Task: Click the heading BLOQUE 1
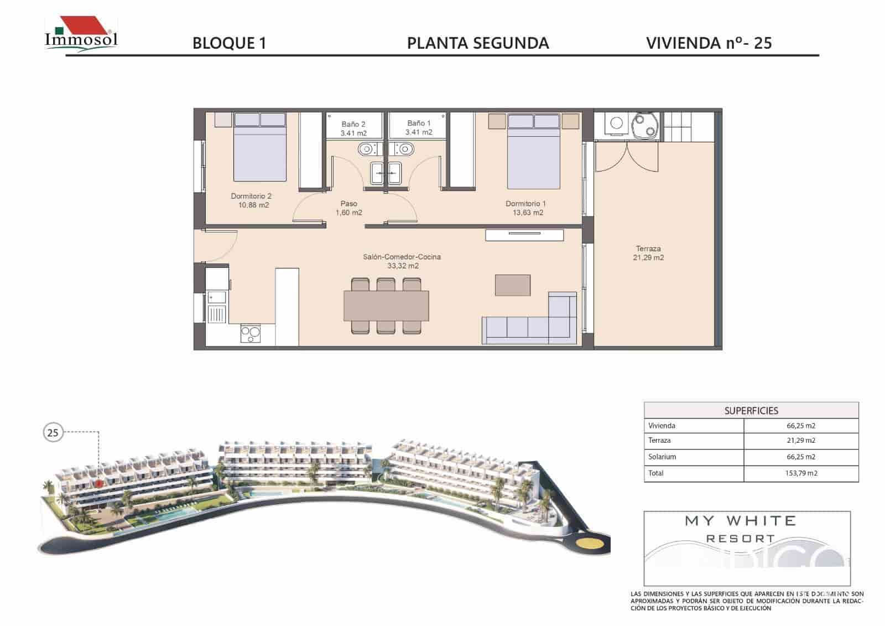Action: [229, 44]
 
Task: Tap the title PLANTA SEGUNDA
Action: [478, 44]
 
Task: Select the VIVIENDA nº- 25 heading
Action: [709, 43]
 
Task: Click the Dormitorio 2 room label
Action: [251, 200]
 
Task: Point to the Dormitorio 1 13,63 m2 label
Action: [525, 208]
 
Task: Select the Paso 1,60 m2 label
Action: [348, 208]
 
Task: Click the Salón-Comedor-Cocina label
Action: [402, 261]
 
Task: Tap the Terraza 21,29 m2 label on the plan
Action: [648, 253]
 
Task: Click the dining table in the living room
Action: [386, 306]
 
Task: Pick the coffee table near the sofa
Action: [513, 285]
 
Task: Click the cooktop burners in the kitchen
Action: [251, 334]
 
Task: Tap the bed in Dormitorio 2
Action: [260, 148]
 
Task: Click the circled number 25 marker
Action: [53, 433]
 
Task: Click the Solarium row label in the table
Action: [662, 457]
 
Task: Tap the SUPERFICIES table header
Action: [751, 411]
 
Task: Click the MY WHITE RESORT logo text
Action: [741, 529]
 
